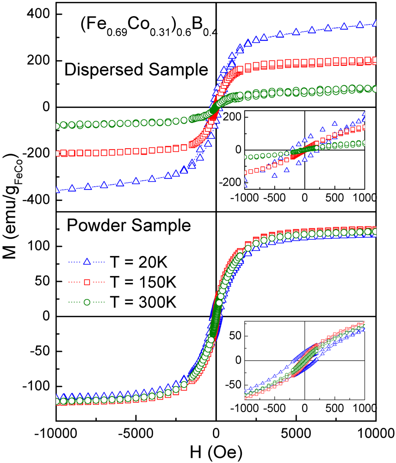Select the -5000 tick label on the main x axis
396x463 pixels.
coord(136,434)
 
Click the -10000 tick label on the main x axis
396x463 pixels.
coord(56,434)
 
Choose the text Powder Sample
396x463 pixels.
coord(129,226)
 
